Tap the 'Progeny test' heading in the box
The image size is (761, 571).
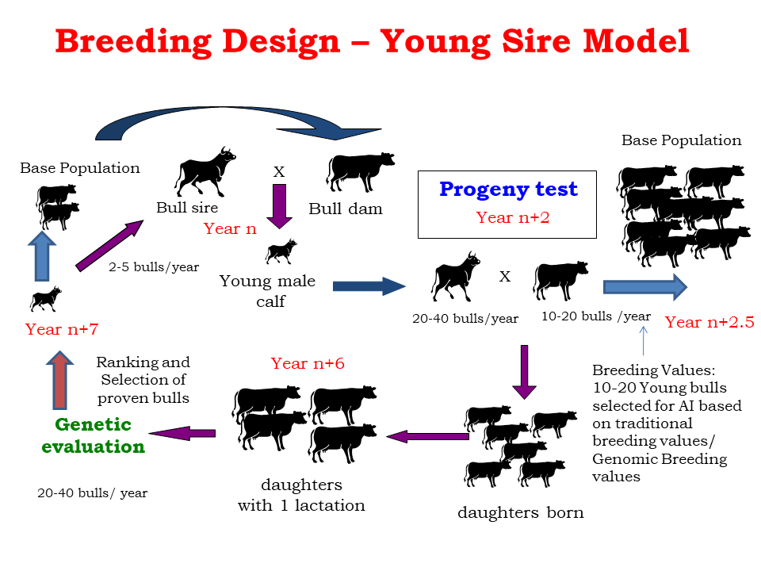tap(508, 190)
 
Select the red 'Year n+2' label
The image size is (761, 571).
tap(507, 218)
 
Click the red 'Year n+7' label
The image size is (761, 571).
tap(62, 329)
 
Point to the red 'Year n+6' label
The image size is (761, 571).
tap(308, 364)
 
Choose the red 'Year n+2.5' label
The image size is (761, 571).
tap(709, 322)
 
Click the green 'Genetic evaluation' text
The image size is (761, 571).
tap(93, 436)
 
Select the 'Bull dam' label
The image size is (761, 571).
tap(345, 209)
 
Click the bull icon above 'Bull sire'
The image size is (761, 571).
tap(205, 170)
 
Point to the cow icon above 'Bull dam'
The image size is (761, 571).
tap(360, 169)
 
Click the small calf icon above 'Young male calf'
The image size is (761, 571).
tap(281, 251)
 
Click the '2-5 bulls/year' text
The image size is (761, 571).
tap(154, 266)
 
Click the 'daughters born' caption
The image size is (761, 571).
tap(520, 512)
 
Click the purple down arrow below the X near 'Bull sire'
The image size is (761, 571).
tap(279, 206)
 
